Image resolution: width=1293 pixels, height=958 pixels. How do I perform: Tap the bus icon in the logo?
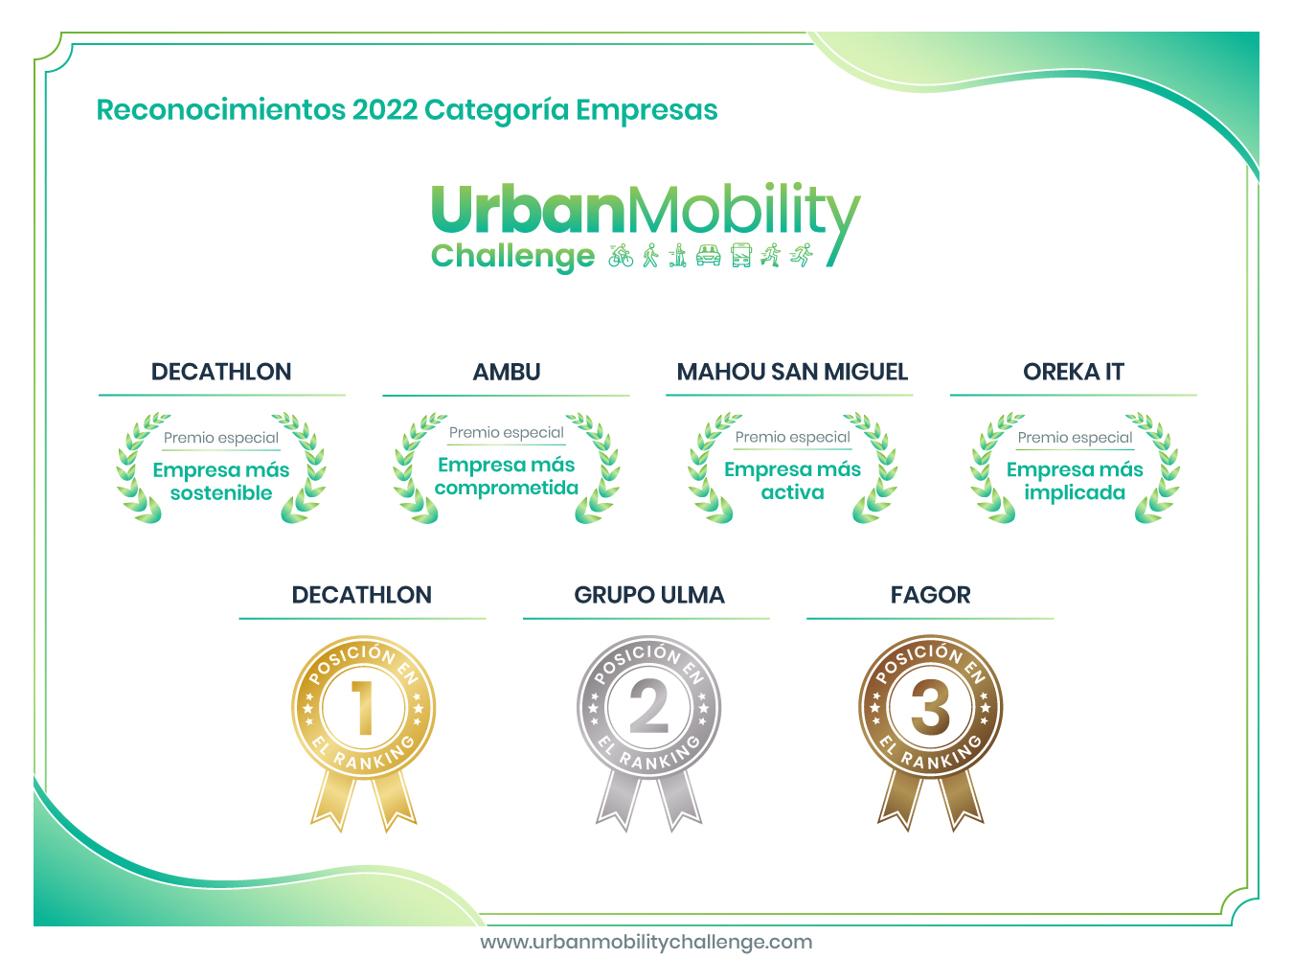(740, 255)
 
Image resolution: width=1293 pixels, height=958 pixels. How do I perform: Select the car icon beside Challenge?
(708, 255)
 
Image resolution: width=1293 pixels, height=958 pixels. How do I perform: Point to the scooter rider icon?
(678, 255)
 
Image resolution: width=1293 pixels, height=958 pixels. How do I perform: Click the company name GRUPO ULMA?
(648, 595)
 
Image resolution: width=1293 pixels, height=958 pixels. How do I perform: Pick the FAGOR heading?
(930, 595)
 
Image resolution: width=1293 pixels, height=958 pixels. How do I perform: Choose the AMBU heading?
(507, 372)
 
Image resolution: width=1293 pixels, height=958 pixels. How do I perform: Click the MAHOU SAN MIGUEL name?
(792, 372)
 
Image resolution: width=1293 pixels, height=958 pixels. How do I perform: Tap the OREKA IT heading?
(1074, 372)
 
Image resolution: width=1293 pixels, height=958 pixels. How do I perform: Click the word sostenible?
(221, 493)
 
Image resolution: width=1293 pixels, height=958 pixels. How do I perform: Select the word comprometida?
(507, 488)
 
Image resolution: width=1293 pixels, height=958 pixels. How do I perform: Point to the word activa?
(792, 492)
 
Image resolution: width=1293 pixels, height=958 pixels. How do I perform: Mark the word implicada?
(1075, 492)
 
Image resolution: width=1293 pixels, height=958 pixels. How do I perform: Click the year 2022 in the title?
(384, 110)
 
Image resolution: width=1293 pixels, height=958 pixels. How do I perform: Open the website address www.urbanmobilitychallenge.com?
(646, 942)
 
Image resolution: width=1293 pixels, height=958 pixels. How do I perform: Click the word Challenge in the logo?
(512, 256)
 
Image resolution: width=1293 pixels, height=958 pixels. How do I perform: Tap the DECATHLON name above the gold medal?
(362, 595)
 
